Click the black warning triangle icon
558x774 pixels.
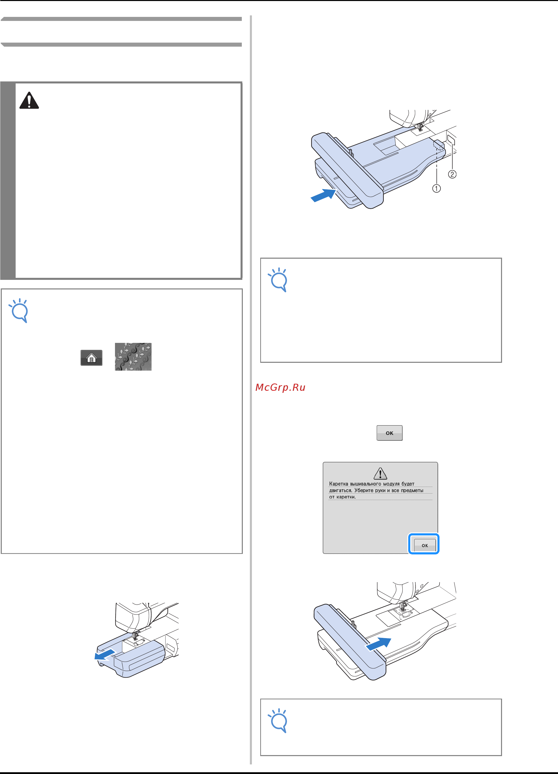(x=29, y=100)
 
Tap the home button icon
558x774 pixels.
(x=92, y=358)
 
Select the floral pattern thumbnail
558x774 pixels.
(x=133, y=357)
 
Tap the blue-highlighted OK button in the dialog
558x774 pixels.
(x=425, y=545)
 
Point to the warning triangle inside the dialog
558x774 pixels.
(x=380, y=473)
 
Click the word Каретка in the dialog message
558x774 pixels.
(x=339, y=484)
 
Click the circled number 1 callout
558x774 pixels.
(x=436, y=188)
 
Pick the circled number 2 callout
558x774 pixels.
(x=452, y=174)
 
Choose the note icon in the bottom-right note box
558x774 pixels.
(x=278, y=720)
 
